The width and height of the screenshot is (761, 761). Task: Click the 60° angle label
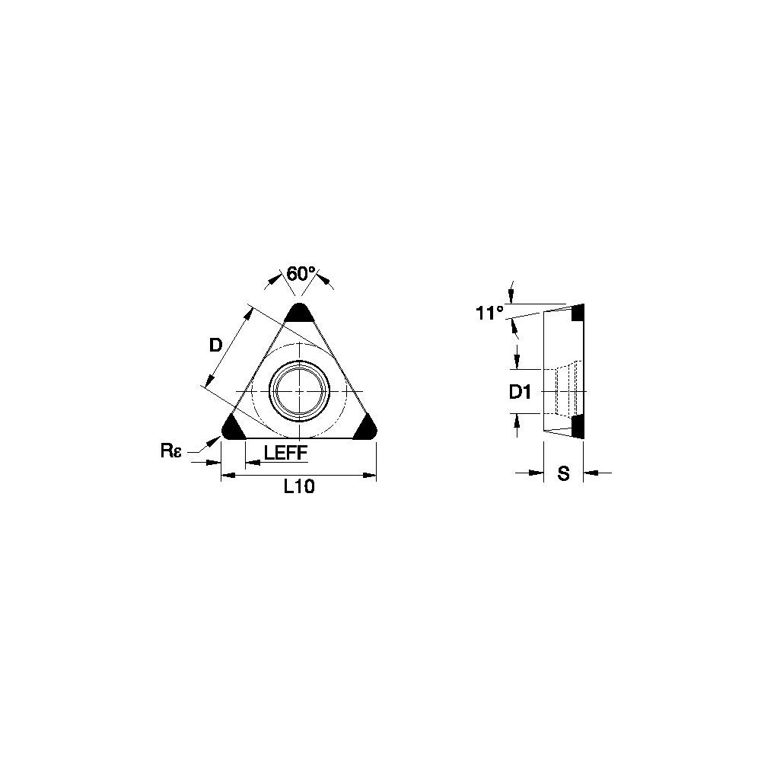301,274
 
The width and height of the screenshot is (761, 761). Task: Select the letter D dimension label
215,345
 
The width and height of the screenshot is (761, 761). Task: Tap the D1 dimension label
520,392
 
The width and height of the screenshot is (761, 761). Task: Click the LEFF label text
286,453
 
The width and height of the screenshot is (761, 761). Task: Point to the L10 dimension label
299,486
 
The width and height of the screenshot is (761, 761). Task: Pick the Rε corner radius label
170,451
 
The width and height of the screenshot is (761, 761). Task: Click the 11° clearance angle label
489,313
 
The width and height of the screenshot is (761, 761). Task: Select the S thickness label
563,473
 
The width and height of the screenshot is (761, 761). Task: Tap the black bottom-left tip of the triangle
234,428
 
